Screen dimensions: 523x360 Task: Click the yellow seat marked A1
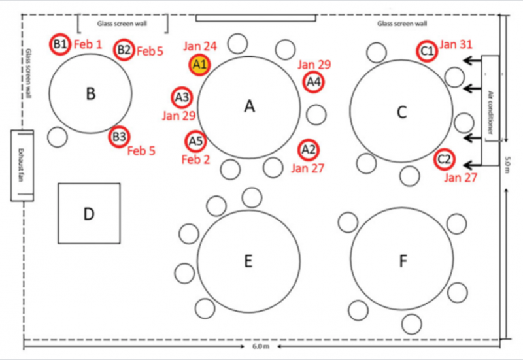tap(199, 65)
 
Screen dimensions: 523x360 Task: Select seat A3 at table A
tap(182, 97)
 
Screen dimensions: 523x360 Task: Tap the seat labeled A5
tap(195, 141)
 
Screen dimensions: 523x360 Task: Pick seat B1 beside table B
tap(60, 44)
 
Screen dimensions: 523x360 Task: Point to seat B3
tap(120, 137)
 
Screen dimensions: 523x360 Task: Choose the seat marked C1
tap(427, 51)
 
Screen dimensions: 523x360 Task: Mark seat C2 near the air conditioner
tap(445, 159)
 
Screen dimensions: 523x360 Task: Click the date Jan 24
tap(200, 46)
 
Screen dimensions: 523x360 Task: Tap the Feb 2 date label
tap(195, 159)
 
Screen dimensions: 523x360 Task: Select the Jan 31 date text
tap(456, 44)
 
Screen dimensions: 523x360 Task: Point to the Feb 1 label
tap(88, 44)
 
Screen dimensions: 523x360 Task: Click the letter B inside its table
tap(91, 93)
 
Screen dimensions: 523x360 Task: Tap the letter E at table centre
tap(248, 261)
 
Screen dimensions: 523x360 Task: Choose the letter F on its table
tap(403, 261)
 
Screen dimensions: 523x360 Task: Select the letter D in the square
tap(89, 214)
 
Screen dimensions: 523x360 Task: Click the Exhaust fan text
tap(20, 165)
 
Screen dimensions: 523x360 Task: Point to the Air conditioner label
tap(490, 112)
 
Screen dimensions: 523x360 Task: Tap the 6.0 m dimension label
tap(261, 346)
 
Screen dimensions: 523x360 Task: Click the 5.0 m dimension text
tap(507, 165)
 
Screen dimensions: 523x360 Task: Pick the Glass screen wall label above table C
tap(402, 24)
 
